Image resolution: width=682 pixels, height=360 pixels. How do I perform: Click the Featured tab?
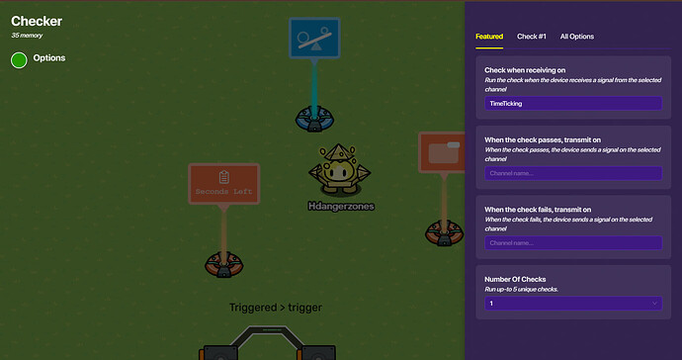pyautogui.click(x=489, y=37)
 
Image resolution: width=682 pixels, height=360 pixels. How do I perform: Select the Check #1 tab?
pyautogui.click(x=532, y=37)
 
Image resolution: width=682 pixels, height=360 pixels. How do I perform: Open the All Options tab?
pyautogui.click(x=577, y=37)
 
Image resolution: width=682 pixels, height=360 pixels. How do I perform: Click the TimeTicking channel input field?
pyautogui.click(x=572, y=103)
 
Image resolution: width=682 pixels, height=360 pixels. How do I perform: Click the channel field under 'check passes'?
pyautogui.click(x=572, y=173)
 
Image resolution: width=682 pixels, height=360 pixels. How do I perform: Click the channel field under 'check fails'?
pyautogui.click(x=572, y=242)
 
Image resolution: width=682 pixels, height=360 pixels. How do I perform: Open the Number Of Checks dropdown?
pyautogui.click(x=572, y=304)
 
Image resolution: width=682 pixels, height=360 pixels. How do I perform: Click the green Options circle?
pyautogui.click(x=19, y=59)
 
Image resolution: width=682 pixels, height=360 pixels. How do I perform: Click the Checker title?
pyautogui.click(x=38, y=21)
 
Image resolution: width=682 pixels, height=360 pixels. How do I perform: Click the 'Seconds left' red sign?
pyautogui.click(x=223, y=184)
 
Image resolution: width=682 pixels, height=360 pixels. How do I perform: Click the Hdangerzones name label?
pyautogui.click(x=340, y=206)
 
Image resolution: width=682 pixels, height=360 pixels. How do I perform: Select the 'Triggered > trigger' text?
pyautogui.click(x=275, y=308)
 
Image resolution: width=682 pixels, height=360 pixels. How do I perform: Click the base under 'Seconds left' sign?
pyautogui.click(x=223, y=264)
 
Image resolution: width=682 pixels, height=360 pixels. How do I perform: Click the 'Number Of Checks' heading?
pyautogui.click(x=515, y=279)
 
